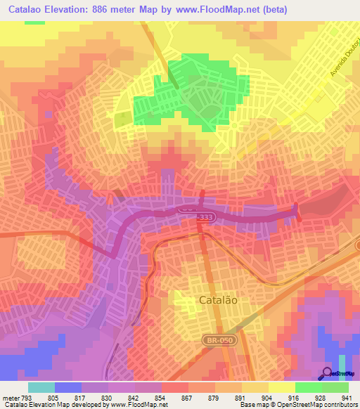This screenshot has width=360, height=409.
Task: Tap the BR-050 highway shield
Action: [x=223, y=340]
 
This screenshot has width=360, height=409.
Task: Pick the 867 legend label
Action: [x=188, y=397]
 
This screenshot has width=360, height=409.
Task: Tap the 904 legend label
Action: [x=268, y=397]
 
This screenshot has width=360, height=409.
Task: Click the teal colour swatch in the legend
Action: [x=41, y=387]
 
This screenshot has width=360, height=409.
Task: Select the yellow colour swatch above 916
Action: [x=281, y=387]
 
